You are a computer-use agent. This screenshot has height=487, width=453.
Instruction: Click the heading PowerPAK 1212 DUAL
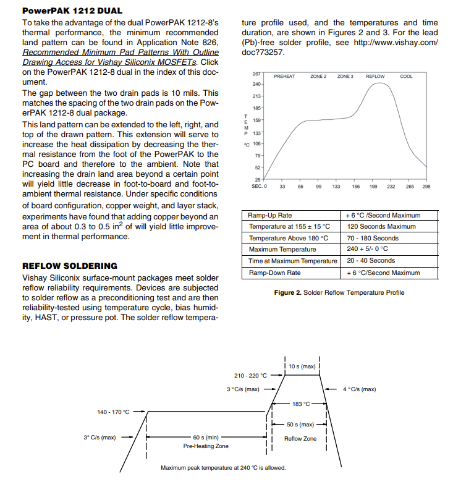[x=72, y=11]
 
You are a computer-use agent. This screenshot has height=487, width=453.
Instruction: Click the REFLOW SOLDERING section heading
[x=70, y=266]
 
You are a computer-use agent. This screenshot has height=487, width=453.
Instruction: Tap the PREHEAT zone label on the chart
[x=284, y=77]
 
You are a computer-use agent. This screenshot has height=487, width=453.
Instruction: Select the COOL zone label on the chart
[x=406, y=77]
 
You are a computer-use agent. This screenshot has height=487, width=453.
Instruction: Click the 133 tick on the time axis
[x=336, y=186]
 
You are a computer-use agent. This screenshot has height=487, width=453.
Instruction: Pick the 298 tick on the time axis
[x=426, y=186]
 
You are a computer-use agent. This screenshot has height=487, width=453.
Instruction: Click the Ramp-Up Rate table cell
[x=270, y=216]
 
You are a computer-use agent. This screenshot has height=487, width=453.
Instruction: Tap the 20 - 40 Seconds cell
[x=371, y=261]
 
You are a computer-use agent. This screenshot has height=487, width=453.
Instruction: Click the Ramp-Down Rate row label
[x=275, y=273]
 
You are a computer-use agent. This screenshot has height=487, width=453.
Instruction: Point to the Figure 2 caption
[x=339, y=292]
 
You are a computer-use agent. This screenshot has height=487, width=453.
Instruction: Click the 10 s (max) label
[x=302, y=366]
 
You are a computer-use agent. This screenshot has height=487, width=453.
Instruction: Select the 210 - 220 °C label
[x=250, y=375]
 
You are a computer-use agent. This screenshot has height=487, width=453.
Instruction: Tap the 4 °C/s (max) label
[x=359, y=389]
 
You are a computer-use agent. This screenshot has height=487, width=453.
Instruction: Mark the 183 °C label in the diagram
[x=301, y=404]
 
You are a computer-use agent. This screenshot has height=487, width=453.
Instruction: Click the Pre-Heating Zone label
[x=206, y=446]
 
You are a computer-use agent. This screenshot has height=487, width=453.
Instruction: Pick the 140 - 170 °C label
[x=113, y=412]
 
